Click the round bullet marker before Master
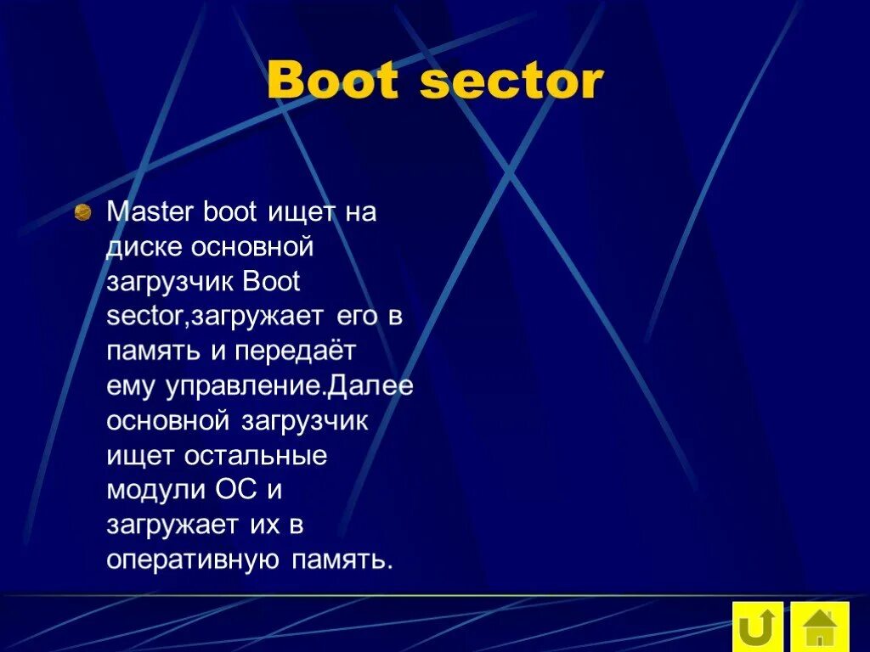coord(82,212)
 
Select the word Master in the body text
coord(151,212)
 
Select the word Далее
coord(371,386)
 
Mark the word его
coord(353,317)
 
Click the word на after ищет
coord(359,212)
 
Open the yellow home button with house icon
coord(820,628)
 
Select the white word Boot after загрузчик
coord(271,282)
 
